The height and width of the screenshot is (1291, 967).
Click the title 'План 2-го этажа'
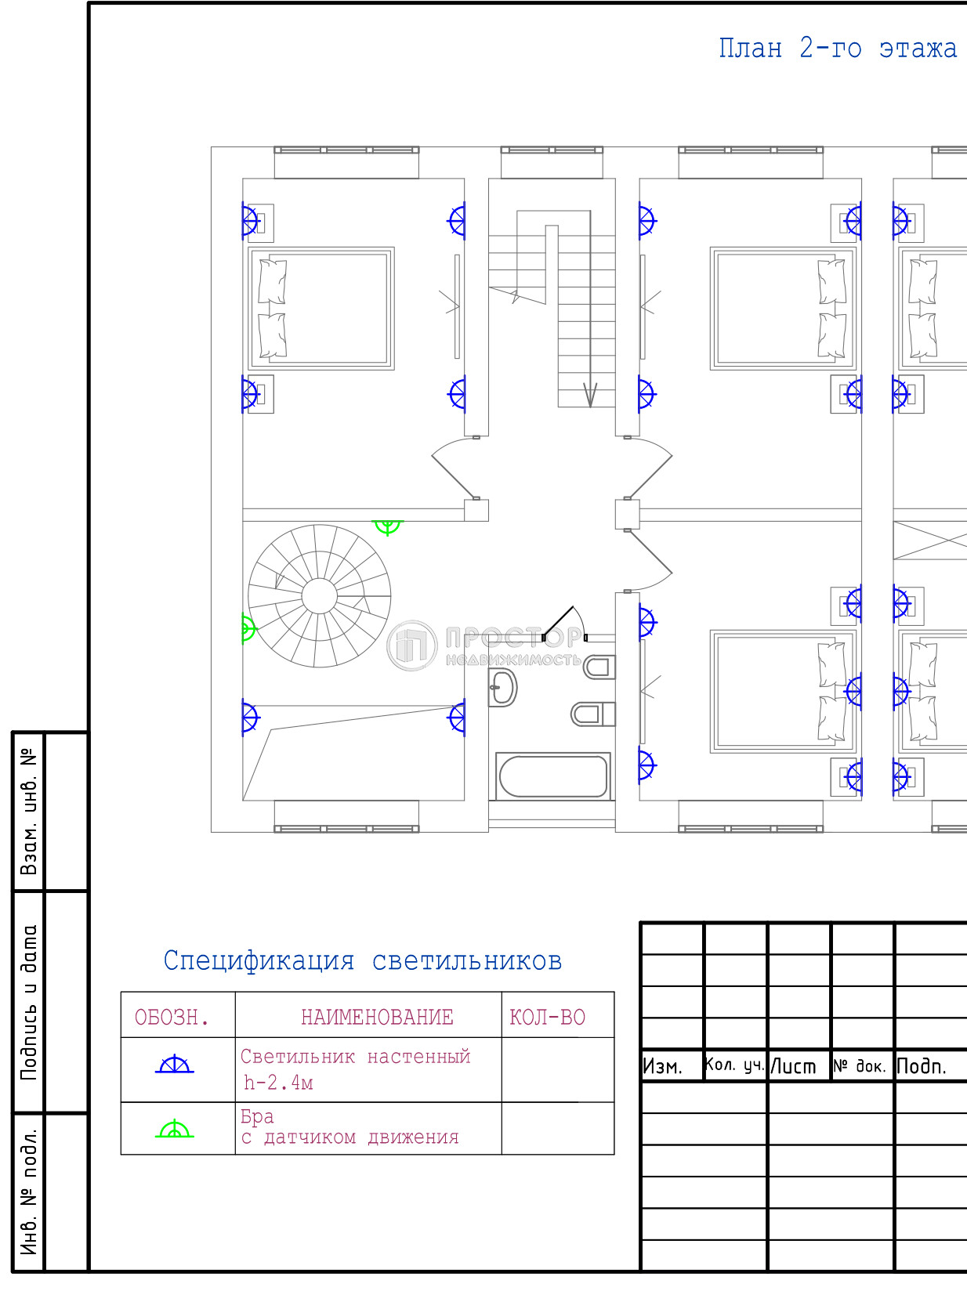pyautogui.click(x=838, y=49)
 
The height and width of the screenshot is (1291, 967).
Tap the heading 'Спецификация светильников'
pyautogui.click(x=362, y=961)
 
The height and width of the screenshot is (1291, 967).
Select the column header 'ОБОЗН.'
pyautogui.click(x=171, y=1017)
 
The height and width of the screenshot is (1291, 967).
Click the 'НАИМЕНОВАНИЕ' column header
pyautogui.click(x=377, y=1017)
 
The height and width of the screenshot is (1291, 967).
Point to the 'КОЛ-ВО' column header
pyautogui.click(x=547, y=1017)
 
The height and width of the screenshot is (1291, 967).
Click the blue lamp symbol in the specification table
pyautogui.click(x=175, y=1065)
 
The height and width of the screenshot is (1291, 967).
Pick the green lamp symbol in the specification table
pyautogui.click(x=175, y=1130)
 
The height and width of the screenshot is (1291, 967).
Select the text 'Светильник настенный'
pyautogui.click(x=355, y=1056)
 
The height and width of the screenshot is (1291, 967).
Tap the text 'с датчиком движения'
pyautogui.click(x=349, y=1137)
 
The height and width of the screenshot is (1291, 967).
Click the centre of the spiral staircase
pyautogui.click(x=320, y=596)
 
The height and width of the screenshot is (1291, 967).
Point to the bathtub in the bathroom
pyautogui.click(x=553, y=776)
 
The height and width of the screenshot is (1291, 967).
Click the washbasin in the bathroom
pyautogui.click(x=502, y=688)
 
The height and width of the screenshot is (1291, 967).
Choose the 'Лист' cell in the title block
pyautogui.click(x=793, y=1067)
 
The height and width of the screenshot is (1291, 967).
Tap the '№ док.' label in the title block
pyautogui.click(x=860, y=1066)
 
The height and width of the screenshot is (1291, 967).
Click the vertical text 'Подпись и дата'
pyautogui.click(x=29, y=1003)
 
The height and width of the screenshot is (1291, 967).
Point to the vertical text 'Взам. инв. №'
pyautogui.click(x=29, y=812)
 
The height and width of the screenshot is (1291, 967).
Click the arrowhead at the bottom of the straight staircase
pyautogui.click(x=590, y=396)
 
